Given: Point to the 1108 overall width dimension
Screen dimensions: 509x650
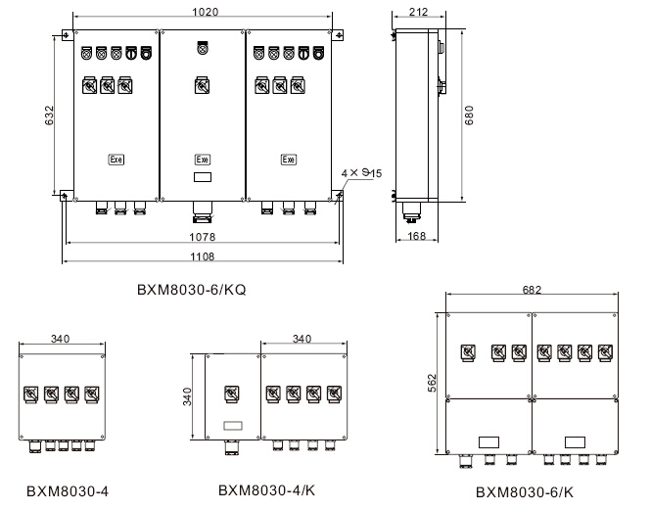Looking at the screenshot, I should pos(203,256).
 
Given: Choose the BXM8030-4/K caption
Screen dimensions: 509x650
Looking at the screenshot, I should pos(259,489).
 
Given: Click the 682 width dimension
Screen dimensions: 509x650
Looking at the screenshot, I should pos(533,291).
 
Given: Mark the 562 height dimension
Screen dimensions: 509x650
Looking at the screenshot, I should pos(435,383).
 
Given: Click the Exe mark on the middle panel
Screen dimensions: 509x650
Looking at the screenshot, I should pos(202,160).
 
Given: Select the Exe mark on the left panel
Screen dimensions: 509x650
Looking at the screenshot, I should pos(116,160).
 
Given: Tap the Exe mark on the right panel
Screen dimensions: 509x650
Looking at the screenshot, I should pos(289,160).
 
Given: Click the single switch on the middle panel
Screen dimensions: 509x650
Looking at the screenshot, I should pos(202,85).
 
